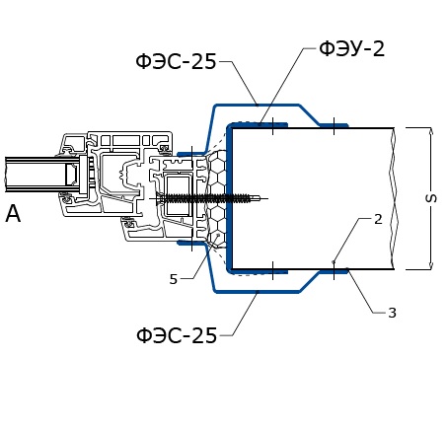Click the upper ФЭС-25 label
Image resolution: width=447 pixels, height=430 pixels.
176,61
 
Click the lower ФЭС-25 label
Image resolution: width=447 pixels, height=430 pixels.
177,335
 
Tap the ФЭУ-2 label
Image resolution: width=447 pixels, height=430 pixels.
351,48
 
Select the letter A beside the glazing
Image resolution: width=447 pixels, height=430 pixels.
13,214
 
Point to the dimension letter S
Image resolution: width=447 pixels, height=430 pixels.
431,198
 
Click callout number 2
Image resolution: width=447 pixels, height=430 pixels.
378,219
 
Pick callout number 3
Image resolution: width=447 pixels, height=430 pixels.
392,313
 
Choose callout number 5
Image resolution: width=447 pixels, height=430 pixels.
174,279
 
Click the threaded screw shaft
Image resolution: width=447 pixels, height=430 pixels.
205,198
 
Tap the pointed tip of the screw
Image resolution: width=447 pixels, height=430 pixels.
260,198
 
